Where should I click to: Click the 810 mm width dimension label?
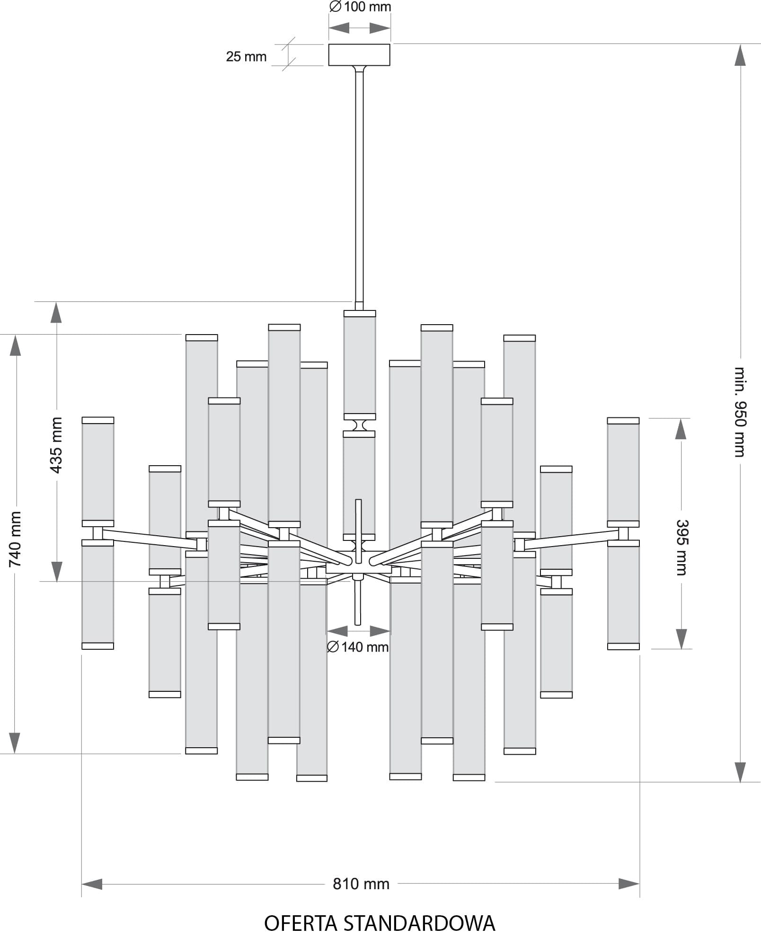coord(361,884)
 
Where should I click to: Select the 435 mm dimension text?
coord(56,445)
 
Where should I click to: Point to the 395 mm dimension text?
coord(681,547)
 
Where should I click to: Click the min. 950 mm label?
coord(740,412)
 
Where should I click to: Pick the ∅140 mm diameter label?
coord(358,647)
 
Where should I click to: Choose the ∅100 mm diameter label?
coord(360,7)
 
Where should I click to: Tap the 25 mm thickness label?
coord(246,57)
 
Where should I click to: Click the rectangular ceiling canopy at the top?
coord(359,55)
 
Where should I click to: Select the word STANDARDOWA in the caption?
coord(419,923)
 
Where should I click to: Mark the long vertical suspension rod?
coord(359,185)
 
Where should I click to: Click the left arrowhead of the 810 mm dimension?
coord(92,884)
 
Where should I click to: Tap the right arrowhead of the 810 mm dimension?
coord(629,884)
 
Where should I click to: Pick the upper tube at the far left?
coord(98,471)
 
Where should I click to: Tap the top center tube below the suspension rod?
coord(360,365)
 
